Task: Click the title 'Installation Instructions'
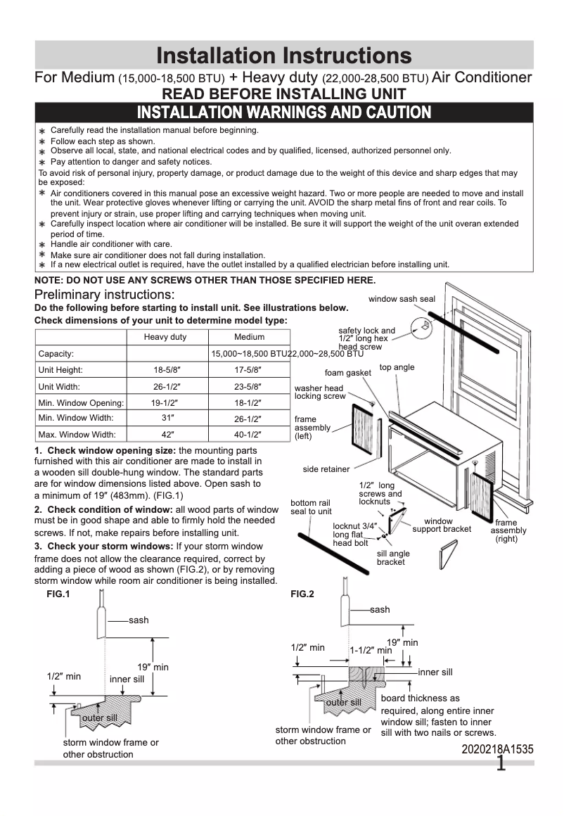click(x=283, y=55)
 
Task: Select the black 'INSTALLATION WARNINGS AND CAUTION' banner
click(x=283, y=113)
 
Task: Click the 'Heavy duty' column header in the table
click(x=165, y=337)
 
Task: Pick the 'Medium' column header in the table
click(x=249, y=337)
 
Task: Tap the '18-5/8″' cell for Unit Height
click(x=165, y=370)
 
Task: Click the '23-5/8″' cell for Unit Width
click(x=249, y=386)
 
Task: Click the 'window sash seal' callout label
click(x=402, y=299)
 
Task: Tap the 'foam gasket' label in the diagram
click(x=347, y=373)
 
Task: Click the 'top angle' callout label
click(x=397, y=367)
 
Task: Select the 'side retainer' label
click(x=326, y=469)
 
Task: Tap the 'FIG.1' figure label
click(x=48, y=594)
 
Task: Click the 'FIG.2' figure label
click(x=302, y=594)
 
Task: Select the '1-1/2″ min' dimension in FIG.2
click(x=371, y=651)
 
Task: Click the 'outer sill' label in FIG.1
click(x=99, y=718)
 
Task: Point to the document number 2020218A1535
click(x=497, y=750)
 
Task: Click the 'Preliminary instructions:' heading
click(x=105, y=294)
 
